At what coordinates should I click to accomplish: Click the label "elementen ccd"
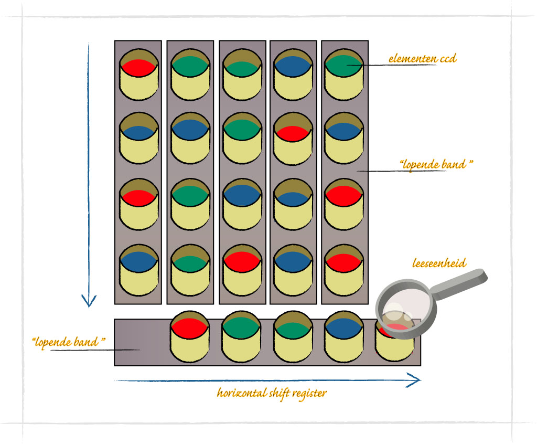click(x=422, y=58)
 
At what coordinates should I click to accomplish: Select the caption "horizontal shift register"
click(x=271, y=393)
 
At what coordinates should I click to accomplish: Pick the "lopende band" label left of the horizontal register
click(x=69, y=342)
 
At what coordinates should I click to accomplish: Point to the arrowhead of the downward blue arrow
click(x=89, y=301)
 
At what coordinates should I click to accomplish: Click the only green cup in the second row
click(x=242, y=139)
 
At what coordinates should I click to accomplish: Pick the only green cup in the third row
click(x=190, y=205)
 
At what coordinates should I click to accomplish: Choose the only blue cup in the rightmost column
click(x=344, y=139)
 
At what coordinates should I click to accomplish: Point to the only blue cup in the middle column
click(x=242, y=205)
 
